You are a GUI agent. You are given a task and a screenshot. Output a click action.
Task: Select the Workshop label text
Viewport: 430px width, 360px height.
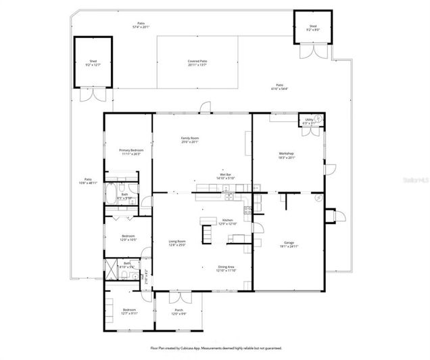click(x=287, y=154)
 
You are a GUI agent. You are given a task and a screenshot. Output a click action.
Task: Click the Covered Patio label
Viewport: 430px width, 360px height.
click(x=197, y=61)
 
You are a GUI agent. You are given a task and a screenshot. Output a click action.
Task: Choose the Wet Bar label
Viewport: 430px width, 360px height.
click(x=226, y=174)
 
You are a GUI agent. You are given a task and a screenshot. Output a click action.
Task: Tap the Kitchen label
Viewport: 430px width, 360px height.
click(x=228, y=220)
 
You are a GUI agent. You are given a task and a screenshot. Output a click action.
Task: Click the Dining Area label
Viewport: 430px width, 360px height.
click(x=226, y=267)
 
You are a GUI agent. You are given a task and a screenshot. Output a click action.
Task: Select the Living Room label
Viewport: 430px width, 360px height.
click(x=177, y=242)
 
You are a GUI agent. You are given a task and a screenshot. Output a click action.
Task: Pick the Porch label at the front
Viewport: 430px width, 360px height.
click(x=178, y=311)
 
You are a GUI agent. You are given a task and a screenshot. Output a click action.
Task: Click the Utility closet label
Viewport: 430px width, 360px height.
click(x=309, y=121)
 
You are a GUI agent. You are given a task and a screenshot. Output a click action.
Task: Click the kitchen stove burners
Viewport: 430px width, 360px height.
click(x=247, y=210)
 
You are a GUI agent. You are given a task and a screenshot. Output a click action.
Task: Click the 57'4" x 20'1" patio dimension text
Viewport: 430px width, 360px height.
click(x=141, y=26)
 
